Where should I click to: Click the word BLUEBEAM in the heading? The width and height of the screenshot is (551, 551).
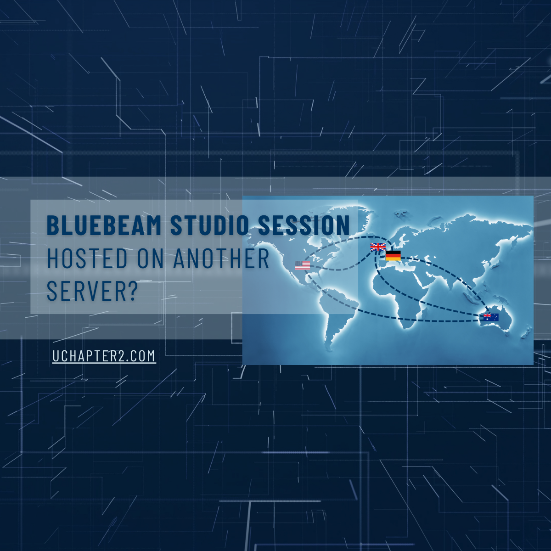[x=104, y=225]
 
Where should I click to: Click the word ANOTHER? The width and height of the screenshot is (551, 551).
[x=221, y=259]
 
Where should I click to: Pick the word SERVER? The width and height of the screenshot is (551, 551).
[x=92, y=291]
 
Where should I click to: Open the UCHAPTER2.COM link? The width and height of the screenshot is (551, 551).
[x=104, y=356]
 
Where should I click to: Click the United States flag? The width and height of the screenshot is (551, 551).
[x=303, y=265]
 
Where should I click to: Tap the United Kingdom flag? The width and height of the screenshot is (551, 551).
[x=378, y=247]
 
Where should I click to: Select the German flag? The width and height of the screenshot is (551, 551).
[x=393, y=255]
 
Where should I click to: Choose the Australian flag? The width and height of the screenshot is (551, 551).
[x=491, y=316]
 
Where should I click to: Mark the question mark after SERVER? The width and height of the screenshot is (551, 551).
[x=133, y=291]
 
